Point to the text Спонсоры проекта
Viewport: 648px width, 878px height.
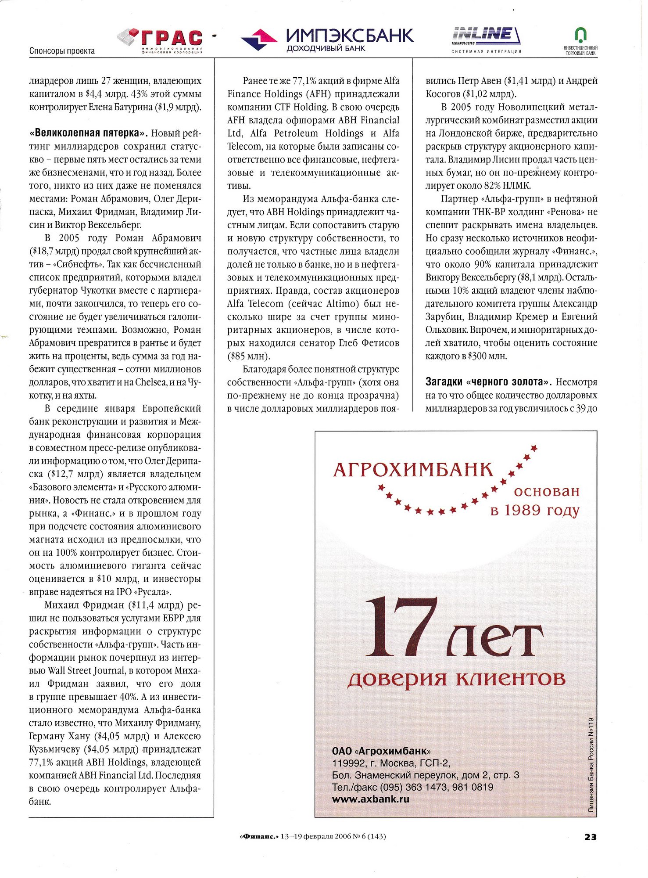(62, 51)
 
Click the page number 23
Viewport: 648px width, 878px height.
(591, 837)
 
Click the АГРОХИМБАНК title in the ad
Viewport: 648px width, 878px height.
(413, 470)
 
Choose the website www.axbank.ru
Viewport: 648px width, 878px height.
(370, 799)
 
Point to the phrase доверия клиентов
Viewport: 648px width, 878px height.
(456, 679)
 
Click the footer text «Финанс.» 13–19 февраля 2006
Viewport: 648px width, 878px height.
(313, 837)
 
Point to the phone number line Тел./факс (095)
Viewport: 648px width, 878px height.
(412, 787)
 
